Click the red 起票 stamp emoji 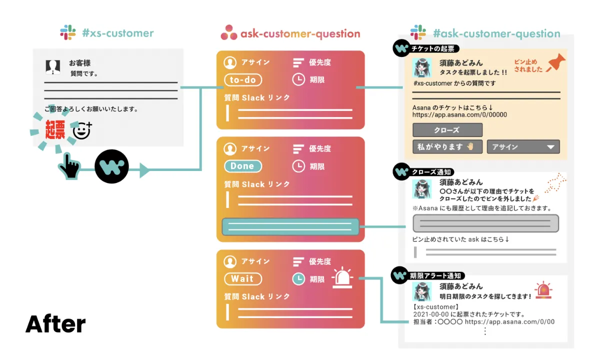point(55,130)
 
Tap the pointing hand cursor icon point(69,167)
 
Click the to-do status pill point(242,80)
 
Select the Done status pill point(242,166)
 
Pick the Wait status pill point(242,279)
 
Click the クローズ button point(447,130)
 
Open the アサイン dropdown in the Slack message point(523,147)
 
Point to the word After point(55,324)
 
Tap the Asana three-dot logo point(228,33)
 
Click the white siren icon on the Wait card point(342,278)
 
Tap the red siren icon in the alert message point(543,290)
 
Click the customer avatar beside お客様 point(52,66)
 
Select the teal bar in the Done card point(290,226)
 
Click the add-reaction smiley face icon point(81,131)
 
